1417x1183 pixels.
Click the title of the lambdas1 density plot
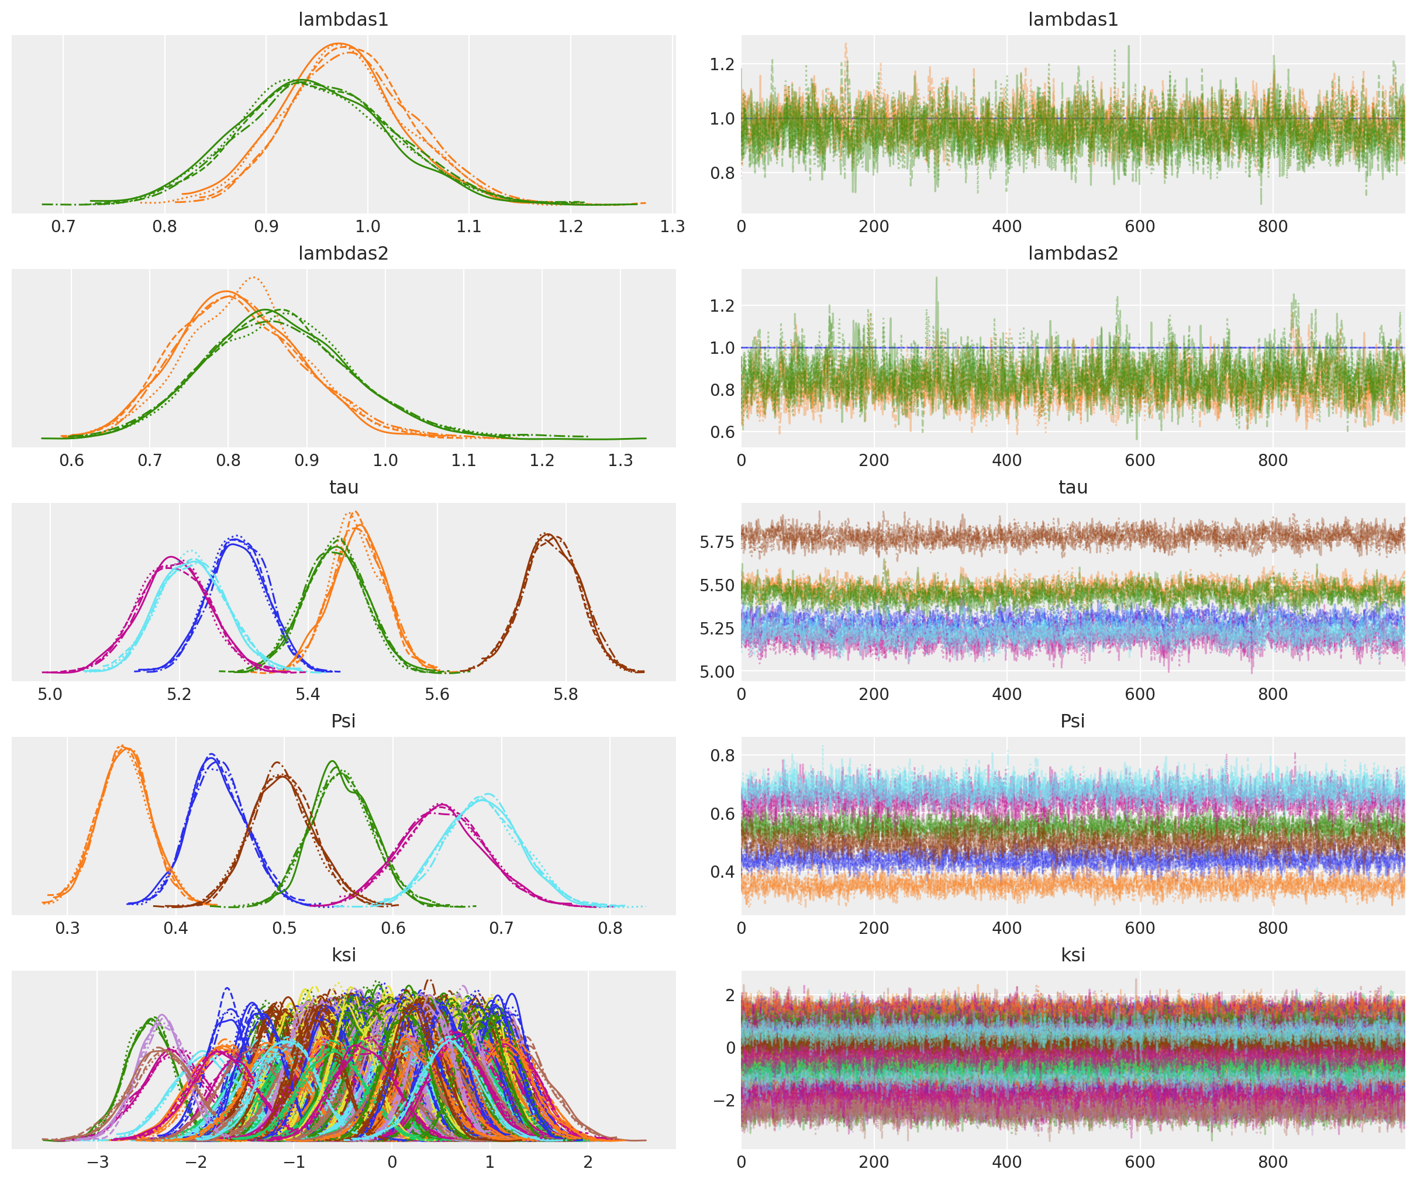[x=343, y=19]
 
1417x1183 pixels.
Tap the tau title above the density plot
[x=343, y=487]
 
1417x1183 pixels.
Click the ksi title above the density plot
[x=343, y=955]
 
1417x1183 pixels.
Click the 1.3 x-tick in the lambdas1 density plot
[x=672, y=227]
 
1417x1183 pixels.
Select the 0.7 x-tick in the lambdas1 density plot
[x=63, y=227]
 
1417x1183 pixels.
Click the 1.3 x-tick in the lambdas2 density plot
[x=620, y=461]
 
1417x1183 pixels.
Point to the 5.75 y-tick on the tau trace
[x=716, y=543]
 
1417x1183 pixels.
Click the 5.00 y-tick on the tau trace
[x=716, y=672]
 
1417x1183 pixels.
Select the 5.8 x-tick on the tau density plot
[x=566, y=694]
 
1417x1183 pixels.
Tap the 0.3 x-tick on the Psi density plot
[x=67, y=929]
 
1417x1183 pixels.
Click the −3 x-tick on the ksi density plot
[x=97, y=1162]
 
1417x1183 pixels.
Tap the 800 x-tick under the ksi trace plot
[x=1273, y=1162]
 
